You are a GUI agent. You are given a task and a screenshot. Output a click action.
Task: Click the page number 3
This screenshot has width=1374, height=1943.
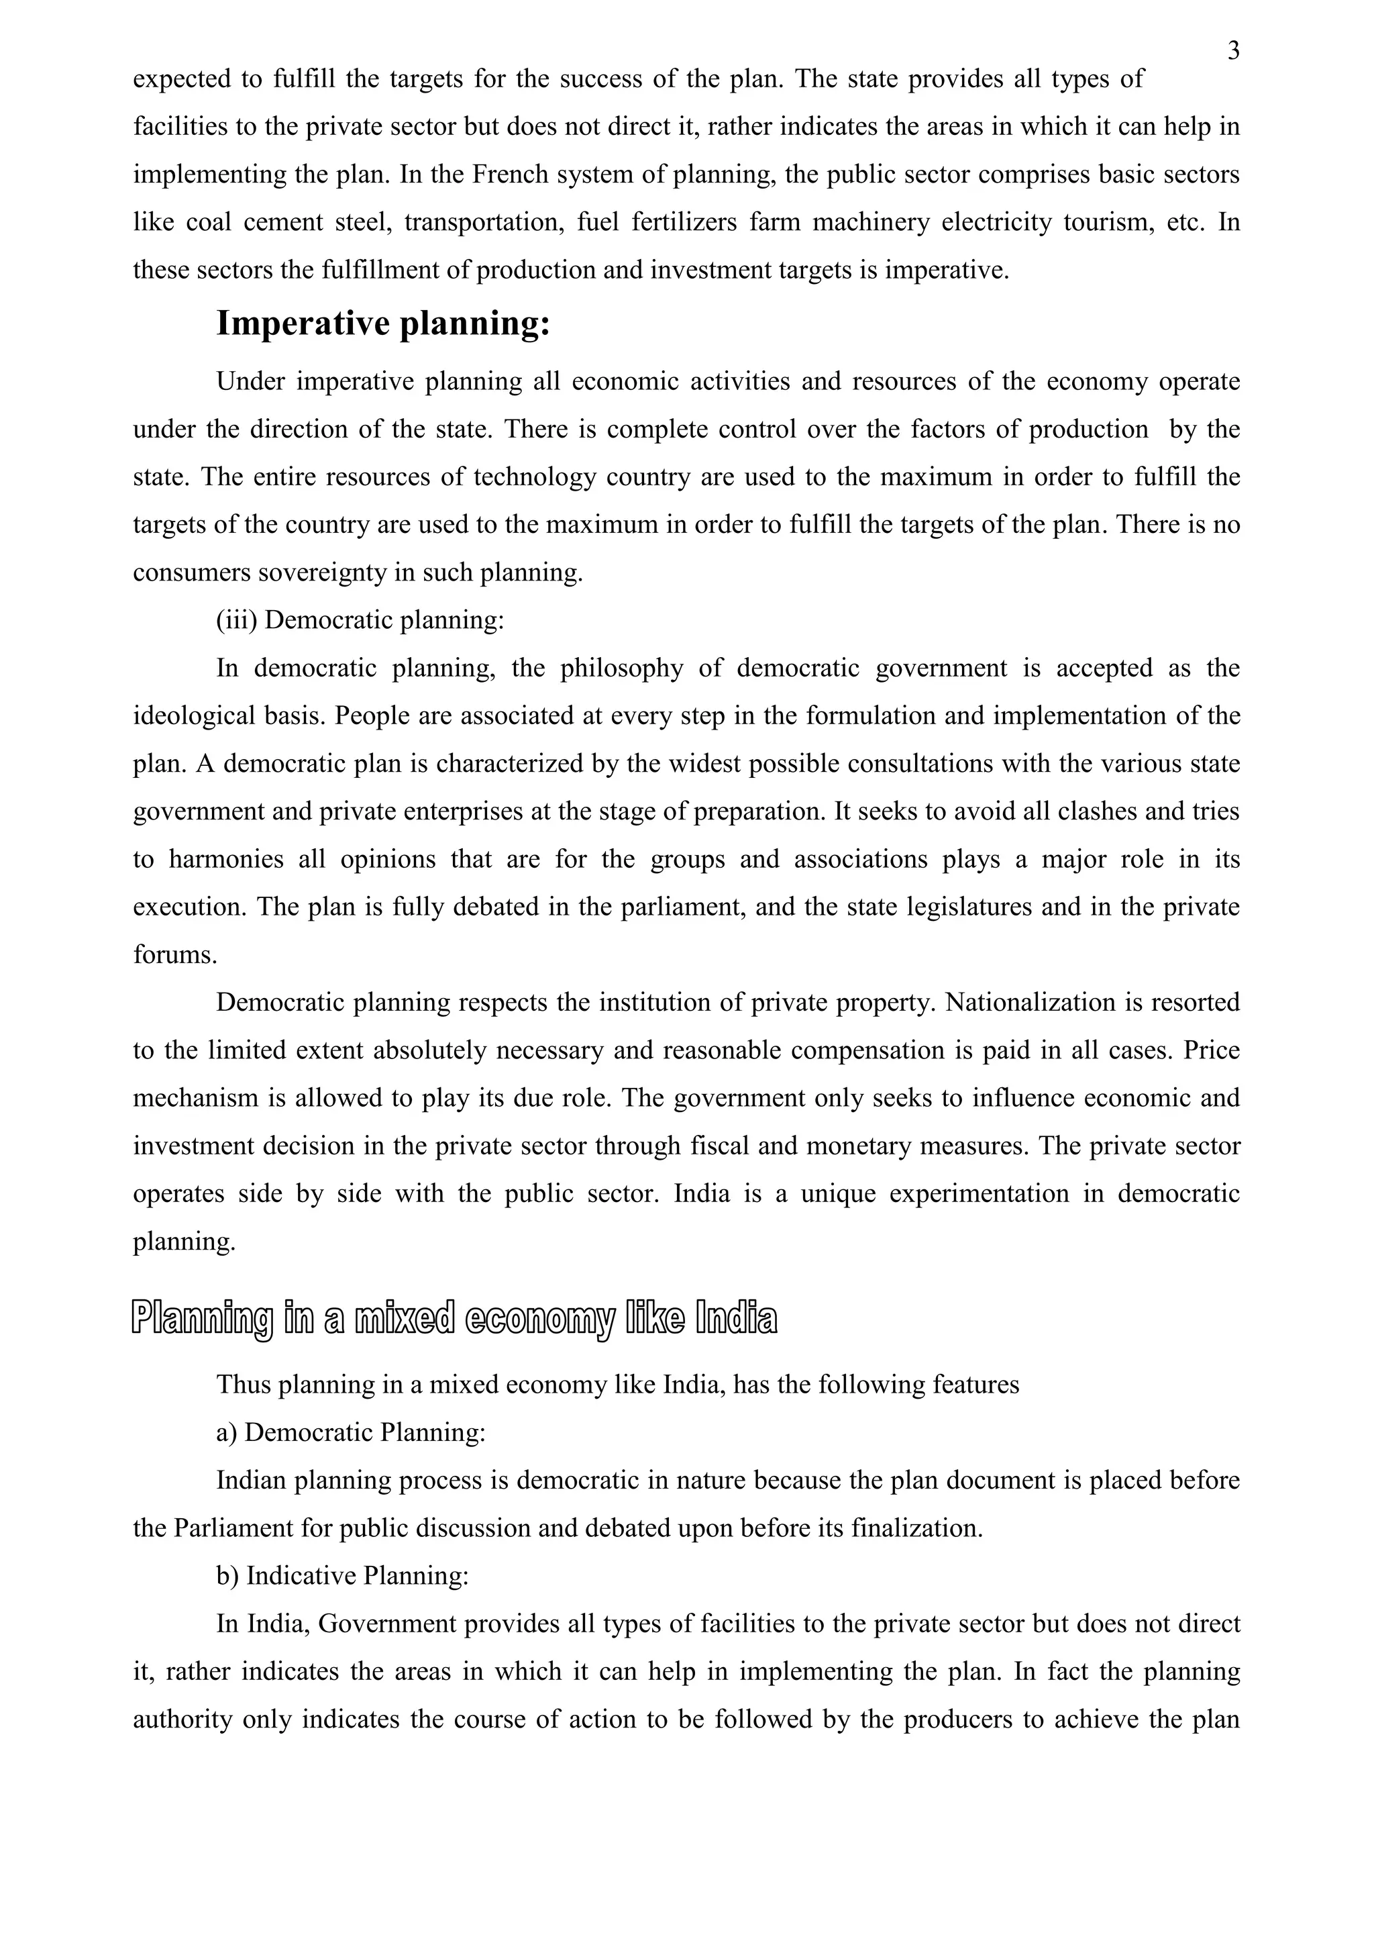[x=1234, y=52]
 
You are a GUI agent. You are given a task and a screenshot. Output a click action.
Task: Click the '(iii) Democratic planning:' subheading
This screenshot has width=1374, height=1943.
[x=360, y=620]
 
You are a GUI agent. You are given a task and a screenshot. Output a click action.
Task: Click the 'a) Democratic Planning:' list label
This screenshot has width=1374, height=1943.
[x=350, y=1433]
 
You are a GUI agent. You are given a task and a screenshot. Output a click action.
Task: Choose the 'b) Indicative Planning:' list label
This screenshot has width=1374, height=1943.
[x=341, y=1576]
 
